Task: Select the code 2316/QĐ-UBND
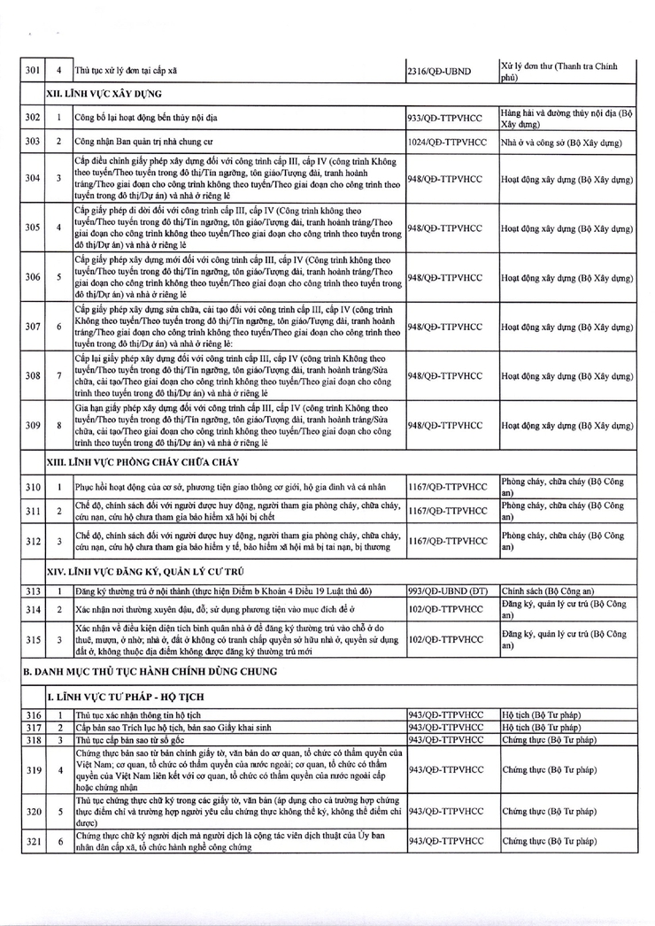[439, 70]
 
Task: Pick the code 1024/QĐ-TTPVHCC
[448, 142]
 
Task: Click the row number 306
[34, 277]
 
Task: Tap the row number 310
[34, 486]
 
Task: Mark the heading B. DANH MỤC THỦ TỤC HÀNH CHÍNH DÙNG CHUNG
[150, 671]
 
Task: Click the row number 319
[34, 770]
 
